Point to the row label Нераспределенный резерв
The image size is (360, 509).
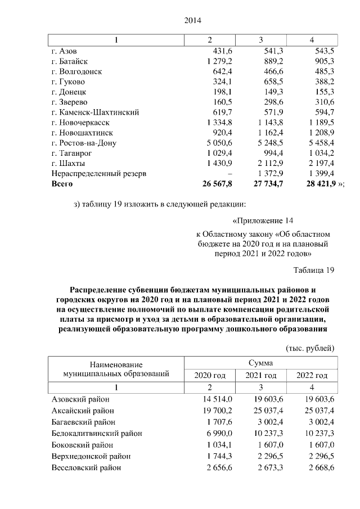98,173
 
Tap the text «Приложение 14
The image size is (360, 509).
263,220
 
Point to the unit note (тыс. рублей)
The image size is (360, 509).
310,348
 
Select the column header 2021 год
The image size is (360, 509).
261,375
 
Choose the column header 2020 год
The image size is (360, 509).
210,375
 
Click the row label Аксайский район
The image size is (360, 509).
78,411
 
